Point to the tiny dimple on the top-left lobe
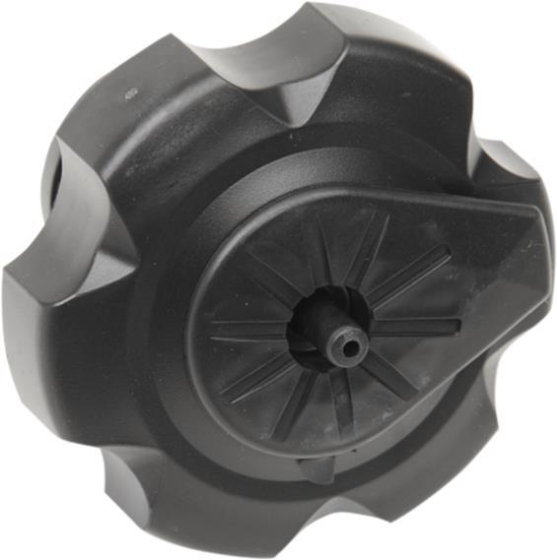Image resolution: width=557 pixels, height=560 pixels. click(131, 94)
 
